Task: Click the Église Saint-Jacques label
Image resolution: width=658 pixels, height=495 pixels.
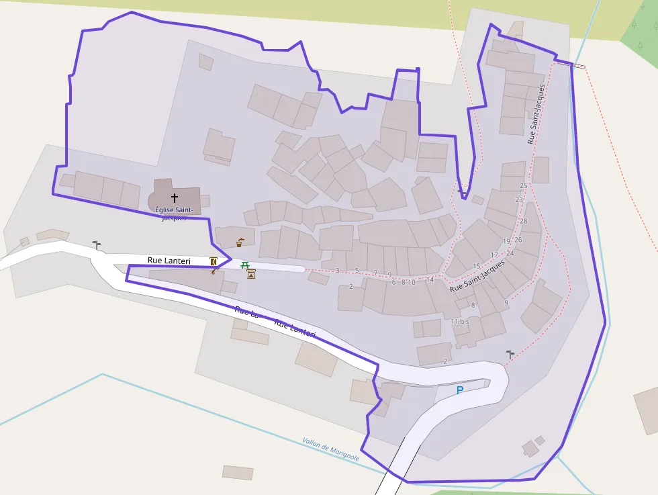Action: pyautogui.click(x=174, y=214)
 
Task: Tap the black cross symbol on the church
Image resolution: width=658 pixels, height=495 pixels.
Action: pyautogui.click(x=175, y=198)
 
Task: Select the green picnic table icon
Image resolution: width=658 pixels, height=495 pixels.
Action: pyautogui.click(x=245, y=265)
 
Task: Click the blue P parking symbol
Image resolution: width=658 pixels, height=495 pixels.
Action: pyautogui.click(x=460, y=390)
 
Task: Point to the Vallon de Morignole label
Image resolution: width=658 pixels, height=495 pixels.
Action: pyautogui.click(x=330, y=449)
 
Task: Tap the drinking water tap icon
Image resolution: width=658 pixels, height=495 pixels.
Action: pyautogui.click(x=240, y=242)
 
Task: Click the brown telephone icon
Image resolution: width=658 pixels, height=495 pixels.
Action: pyautogui.click(x=214, y=271)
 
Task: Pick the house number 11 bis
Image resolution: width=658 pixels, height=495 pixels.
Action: pyautogui.click(x=460, y=322)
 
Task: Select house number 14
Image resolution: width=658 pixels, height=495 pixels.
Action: pyautogui.click(x=430, y=279)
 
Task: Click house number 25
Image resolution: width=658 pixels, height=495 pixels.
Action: pyautogui.click(x=524, y=185)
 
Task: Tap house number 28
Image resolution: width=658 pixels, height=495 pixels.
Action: pyautogui.click(x=524, y=221)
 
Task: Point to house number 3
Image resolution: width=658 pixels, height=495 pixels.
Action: pyautogui.click(x=337, y=270)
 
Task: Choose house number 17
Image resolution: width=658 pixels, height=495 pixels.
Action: pyautogui.click(x=494, y=255)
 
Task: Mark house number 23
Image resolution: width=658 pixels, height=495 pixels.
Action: pyautogui.click(x=519, y=200)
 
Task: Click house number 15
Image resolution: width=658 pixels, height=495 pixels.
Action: pyautogui.click(x=477, y=267)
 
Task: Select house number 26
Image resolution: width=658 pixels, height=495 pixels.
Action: pyautogui.click(x=518, y=240)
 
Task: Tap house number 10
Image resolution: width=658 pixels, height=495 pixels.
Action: pyautogui.click(x=412, y=282)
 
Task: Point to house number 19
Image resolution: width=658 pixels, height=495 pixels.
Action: pyautogui.click(x=507, y=241)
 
